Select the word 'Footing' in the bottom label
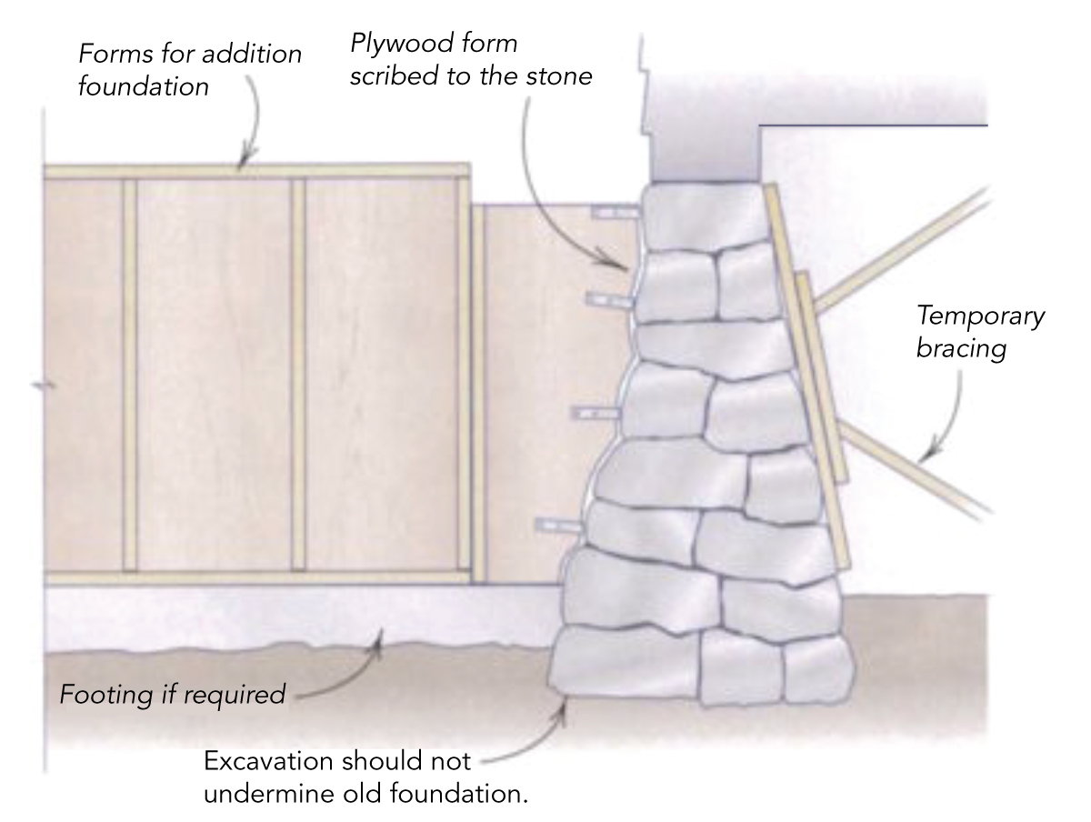click(97, 696)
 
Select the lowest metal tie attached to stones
click(557, 526)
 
